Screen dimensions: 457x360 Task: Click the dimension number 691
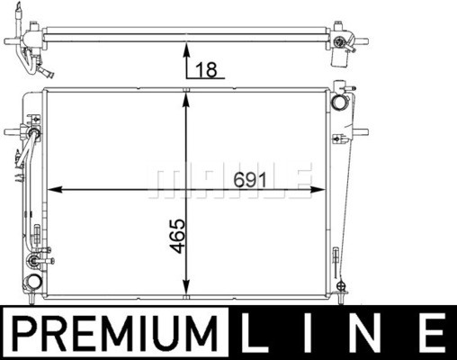point(250,181)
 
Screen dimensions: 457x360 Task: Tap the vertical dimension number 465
point(177,236)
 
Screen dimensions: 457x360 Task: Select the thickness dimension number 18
point(206,70)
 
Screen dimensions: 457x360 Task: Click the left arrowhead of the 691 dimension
point(55,189)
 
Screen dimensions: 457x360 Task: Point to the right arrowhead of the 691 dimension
point(318,189)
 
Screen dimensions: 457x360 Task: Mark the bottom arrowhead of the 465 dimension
point(186,287)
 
